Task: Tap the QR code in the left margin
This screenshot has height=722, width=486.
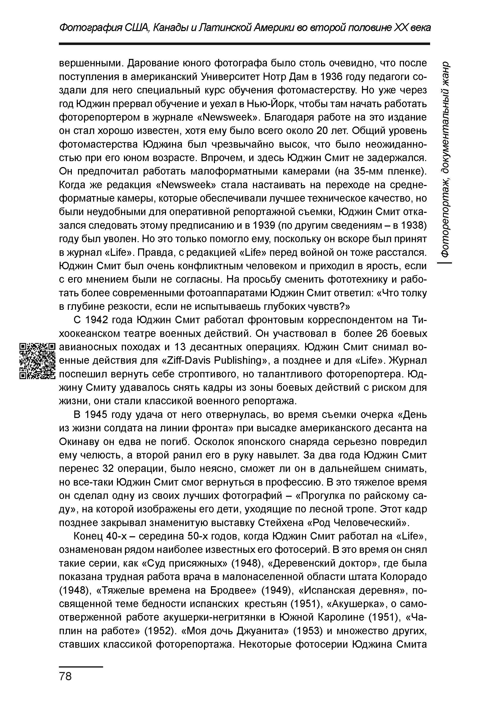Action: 37,361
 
